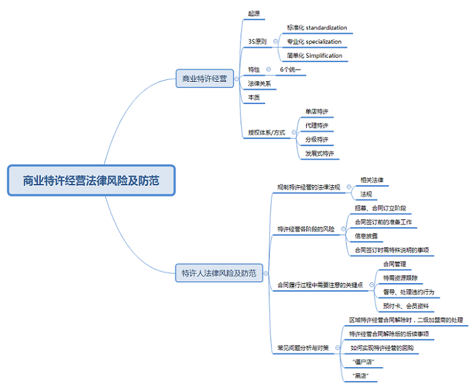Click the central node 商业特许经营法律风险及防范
click(x=91, y=181)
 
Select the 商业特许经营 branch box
click(x=204, y=79)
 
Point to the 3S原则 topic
click(x=257, y=42)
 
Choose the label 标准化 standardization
click(x=317, y=28)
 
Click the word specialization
click(x=324, y=42)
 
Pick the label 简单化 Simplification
click(x=314, y=56)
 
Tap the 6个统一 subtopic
click(x=290, y=69)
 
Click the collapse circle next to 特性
click(x=268, y=69)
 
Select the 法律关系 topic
click(x=259, y=83)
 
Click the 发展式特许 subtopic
click(x=319, y=153)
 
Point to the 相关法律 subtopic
click(x=372, y=180)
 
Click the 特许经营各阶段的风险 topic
click(x=306, y=229)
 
